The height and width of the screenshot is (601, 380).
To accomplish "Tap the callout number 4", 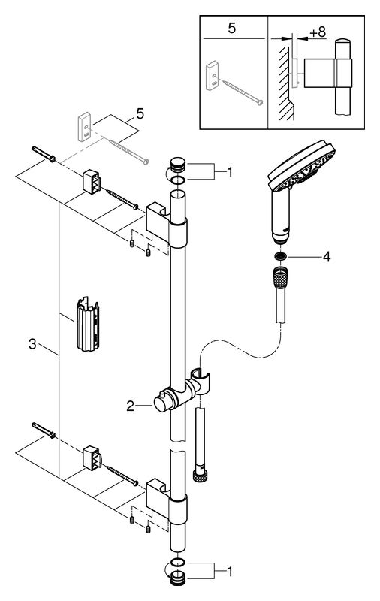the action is pyautogui.click(x=326, y=257).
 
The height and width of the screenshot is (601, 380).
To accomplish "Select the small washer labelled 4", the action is pyautogui.click(x=280, y=255).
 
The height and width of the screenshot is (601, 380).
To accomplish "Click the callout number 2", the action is pyautogui.click(x=130, y=406).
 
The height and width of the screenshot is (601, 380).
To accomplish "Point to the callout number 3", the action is pyautogui.click(x=32, y=344).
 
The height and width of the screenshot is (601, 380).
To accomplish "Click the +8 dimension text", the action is pyautogui.click(x=318, y=32).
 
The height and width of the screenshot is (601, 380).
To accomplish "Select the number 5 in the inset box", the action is pyautogui.click(x=232, y=28).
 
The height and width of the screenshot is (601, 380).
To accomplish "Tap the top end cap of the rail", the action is pyautogui.click(x=177, y=164).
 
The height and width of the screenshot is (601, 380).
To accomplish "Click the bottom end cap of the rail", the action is pyautogui.click(x=178, y=576).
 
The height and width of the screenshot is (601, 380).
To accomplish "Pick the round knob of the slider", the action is pyautogui.click(x=161, y=403).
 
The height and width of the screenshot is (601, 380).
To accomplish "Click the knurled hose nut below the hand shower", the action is pyautogui.click(x=281, y=276).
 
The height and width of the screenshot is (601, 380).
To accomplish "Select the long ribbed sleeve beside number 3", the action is pyautogui.click(x=88, y=324).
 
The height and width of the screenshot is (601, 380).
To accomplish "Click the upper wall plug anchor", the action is pyautogui.click(x=44, y=154).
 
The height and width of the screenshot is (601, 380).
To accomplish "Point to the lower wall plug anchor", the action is pyautogui.click(x=44, y=430).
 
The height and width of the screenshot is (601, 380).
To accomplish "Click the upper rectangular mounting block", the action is pyautogui.click(x=92, y=180).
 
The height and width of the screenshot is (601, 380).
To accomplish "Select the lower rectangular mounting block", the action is pyautogui.click(x=92, y=458).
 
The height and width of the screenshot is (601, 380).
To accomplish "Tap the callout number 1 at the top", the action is pyautogui.click(x=230, y=172).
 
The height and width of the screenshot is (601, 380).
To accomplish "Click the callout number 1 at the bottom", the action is pyautogui.click(x=230, y=572).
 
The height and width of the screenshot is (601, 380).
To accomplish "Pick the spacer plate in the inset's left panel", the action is pyautogui.click(x=213, y=76).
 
